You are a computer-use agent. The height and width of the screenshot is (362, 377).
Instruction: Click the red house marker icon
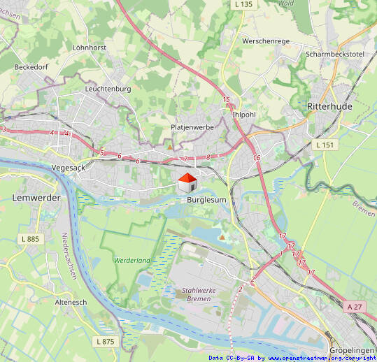[187, 183]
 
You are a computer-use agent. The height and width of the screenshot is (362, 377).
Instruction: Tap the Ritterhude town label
[329, 106]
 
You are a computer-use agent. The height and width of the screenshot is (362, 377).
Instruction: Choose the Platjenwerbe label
[192, 127]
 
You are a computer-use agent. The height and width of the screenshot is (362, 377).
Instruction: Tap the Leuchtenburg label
[108, 89]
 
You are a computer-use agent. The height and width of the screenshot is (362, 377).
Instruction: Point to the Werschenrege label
[265, 41]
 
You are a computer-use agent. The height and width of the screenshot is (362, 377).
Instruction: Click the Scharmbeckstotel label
[335, 54]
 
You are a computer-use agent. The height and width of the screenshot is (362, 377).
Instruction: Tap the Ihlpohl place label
[245, 114]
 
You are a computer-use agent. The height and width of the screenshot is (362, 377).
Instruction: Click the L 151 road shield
[325, 145]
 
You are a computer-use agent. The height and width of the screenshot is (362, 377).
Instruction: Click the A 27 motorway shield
[355, 306]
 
